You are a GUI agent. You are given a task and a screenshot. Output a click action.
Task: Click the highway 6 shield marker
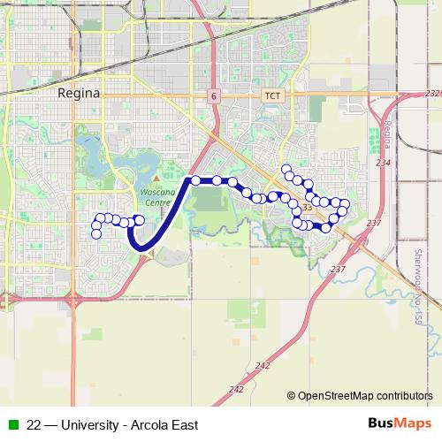pyautogui.click(x=214, y=95)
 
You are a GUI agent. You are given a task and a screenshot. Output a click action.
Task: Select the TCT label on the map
pyautogui.click(x=271, y=95)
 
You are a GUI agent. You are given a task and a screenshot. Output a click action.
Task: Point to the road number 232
pyautogui.click(x=432, y=93)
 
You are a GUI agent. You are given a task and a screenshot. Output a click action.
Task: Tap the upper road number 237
pyautogui.click(x=373, y=224)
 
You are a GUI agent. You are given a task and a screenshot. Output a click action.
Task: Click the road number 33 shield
pyautogui.click(x=307, y=208)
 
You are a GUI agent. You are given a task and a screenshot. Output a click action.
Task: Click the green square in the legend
pyautogui.click(x=12, y=425)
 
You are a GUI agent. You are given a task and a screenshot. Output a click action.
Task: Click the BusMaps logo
pyautogui.click(x=399, y=424)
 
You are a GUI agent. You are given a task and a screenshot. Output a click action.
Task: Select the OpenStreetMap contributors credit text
pyautogui.click(x=365, y=396)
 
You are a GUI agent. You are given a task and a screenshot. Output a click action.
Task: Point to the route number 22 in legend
pyautogui.click(x=34, y=425)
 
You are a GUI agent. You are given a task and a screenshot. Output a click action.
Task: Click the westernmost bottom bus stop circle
pyautogui.click(x=95, y=234)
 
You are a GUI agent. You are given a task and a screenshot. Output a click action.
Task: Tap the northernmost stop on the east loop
pyautogui.click(x=286, y=168)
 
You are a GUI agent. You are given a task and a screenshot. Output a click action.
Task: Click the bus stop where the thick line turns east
pyautogui.click(x=195, y=180)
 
